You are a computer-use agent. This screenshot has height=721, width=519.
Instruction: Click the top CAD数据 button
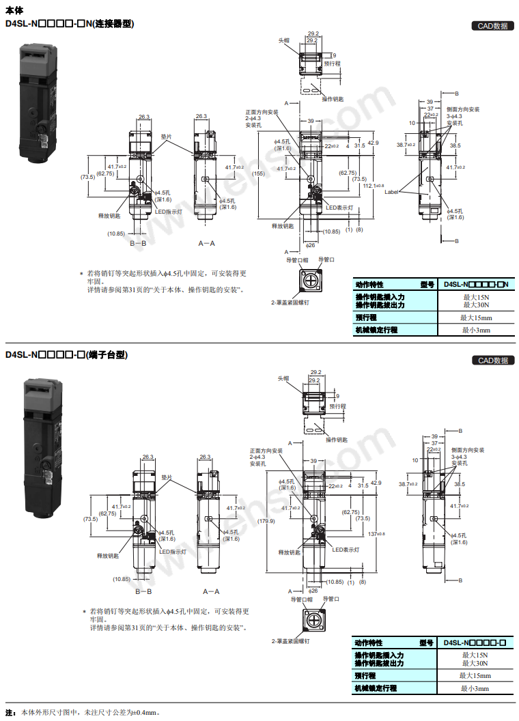coord(492,27)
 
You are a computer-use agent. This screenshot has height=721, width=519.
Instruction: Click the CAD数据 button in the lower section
coord(492,360)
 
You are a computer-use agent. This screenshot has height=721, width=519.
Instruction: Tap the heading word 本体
coord(14,10)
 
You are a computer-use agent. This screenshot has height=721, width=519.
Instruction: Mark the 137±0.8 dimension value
coord(376,534)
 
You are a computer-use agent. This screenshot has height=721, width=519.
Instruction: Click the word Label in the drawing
coord(391,192)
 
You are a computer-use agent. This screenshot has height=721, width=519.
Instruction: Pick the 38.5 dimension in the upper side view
coord(455,145)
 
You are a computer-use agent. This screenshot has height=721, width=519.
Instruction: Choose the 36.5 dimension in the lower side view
coord(459,484)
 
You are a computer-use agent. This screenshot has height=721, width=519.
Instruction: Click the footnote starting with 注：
coord(83,712)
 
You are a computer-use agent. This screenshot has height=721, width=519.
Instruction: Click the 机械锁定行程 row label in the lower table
coord(376,688)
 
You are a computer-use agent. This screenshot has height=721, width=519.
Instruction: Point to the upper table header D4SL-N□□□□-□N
coord(476,284)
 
